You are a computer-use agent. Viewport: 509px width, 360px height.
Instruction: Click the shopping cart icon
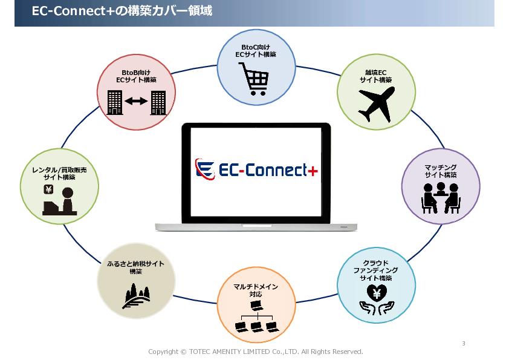pos(254,79)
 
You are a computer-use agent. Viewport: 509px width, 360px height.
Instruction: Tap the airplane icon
pos(376,104)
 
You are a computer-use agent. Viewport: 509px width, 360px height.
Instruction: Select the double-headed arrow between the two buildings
pos(136,102)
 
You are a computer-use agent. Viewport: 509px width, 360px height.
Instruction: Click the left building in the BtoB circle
pos(115,103)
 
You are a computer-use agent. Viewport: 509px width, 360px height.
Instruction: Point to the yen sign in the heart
pos(377,293)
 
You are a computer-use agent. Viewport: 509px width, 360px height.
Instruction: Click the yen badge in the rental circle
pos(48,189)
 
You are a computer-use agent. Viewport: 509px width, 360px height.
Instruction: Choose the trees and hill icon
pos(136,296)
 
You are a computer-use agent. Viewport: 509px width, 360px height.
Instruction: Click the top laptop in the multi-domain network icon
pos(256,306)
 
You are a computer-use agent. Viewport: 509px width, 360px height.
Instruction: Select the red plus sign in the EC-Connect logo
pos(313,171)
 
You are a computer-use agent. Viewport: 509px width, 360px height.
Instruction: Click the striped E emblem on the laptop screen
pos(205,169)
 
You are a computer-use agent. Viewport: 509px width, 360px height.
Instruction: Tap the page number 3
pos(464,344)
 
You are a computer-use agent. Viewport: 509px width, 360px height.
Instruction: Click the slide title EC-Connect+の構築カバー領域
pos(122,11)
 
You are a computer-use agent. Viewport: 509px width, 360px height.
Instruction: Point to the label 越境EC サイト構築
pos(376,76)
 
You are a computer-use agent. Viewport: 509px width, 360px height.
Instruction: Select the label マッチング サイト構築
pos(441,171)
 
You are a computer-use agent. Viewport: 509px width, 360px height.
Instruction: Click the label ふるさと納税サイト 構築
pos(135,267)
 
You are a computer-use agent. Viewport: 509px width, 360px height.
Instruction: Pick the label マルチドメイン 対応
pos(256,290)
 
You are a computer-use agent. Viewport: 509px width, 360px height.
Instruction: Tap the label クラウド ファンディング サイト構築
pos(375,270)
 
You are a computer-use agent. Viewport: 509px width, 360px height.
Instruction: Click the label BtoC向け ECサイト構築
pos(256,51)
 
